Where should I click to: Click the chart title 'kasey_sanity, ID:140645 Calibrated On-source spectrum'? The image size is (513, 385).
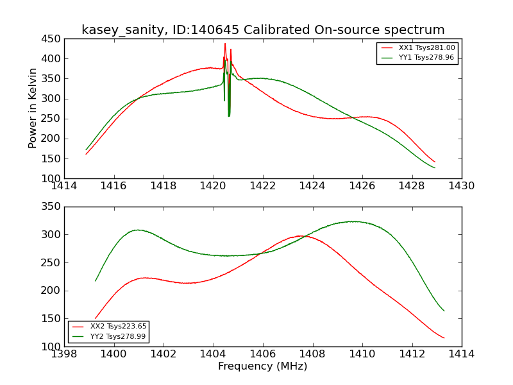[x=263, y=30]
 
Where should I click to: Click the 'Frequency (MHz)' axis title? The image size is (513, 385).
[x=263, y=366]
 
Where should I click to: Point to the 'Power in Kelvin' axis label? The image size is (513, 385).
[x=33, y=108]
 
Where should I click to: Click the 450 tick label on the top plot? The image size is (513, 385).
[x=51, y=39]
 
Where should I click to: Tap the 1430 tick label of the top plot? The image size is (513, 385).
[x=461, y=186]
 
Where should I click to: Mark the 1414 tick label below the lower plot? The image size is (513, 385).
[x=461, y=354]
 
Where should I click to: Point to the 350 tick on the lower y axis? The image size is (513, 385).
[x=51, y=207]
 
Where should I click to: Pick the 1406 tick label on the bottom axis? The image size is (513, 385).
[x=263, y=354]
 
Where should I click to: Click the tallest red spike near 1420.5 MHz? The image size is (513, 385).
[x=225, y=44]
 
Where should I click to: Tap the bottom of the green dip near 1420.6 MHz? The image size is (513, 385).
[x=229, y=116]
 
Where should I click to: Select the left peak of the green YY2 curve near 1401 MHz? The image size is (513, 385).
[x=137, y=230]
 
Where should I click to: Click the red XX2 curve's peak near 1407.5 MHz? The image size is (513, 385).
[x=300, y=236]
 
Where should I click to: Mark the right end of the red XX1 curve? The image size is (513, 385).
[x=435, y=162]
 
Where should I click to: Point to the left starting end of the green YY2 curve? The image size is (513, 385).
[x=96, y=280]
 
